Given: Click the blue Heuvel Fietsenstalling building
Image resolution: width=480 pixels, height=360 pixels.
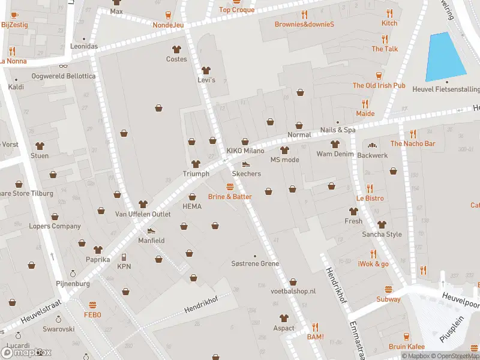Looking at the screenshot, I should click(x=446, y=58).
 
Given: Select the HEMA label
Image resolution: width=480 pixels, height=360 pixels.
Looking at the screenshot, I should click(x=192, y=206).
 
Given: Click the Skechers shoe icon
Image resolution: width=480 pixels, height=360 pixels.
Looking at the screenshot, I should click(x=245, y=164).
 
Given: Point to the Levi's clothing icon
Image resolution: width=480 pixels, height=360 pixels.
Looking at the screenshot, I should click(x=206, y=70).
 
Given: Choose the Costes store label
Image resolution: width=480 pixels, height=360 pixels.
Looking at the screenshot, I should click(x=176, y=59).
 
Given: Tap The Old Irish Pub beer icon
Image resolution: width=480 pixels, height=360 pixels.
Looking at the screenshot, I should click(x=379, y=76).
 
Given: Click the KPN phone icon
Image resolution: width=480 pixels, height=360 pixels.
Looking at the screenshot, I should click(x=124, y=257).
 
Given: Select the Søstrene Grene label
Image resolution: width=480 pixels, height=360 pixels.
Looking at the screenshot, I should click(x=255, y=264).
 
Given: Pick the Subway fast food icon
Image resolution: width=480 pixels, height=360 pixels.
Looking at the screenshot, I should click(x=388, y=290).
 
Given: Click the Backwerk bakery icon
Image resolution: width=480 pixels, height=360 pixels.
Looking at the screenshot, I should click(x=371, y=145).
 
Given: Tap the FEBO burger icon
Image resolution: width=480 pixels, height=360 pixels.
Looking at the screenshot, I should click(x=92, y=305).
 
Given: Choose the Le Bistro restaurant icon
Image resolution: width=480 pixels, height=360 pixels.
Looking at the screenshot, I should click(x=370, y=188).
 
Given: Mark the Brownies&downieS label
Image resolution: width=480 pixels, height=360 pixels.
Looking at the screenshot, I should click(x=304, y=25).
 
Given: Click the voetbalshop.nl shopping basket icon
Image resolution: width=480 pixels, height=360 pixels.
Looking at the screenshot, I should click(x=293, y=281).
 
